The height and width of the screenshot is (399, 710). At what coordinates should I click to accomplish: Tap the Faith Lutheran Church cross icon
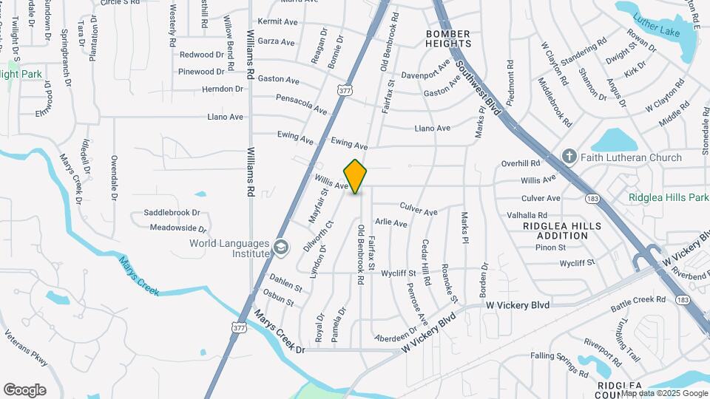[x=569, y=157]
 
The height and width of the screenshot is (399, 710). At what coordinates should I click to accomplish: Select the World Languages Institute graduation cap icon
[x=280, y=247]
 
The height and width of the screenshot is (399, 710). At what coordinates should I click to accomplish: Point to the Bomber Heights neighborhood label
[x=447, y=39]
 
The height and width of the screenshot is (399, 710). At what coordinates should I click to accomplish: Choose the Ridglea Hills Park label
[x=669, y=197]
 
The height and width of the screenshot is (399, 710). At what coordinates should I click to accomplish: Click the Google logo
[x=24, y=389]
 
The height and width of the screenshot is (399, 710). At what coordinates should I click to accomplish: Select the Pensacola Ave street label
[x=302, y=103]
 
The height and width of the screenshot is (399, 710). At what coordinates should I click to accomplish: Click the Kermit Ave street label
[x=277, y=22]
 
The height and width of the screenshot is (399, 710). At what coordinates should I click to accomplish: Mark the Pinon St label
[x=551, y=248]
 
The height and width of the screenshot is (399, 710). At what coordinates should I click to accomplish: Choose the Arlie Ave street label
[x=391, y=222]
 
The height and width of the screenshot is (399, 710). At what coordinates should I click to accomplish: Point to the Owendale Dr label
[x=114, y=177]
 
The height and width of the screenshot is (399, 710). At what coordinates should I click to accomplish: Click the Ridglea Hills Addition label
[x=561, y=231]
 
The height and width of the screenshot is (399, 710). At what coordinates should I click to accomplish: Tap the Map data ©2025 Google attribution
[x=663, y=393]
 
